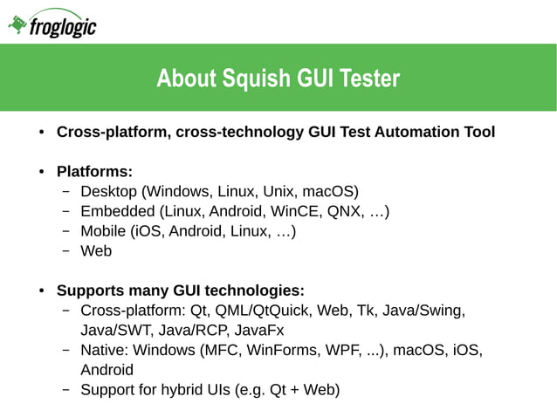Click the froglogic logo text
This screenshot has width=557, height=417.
coord(63,29)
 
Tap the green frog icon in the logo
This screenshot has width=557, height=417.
coord(17,26)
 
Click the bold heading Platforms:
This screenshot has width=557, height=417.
coord(94,171)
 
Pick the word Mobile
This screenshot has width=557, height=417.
coord(103,231)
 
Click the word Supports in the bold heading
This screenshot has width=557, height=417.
coord(90,291)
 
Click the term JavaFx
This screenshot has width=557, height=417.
coord(258,331)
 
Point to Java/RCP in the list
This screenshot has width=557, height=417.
coord(195,331)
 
